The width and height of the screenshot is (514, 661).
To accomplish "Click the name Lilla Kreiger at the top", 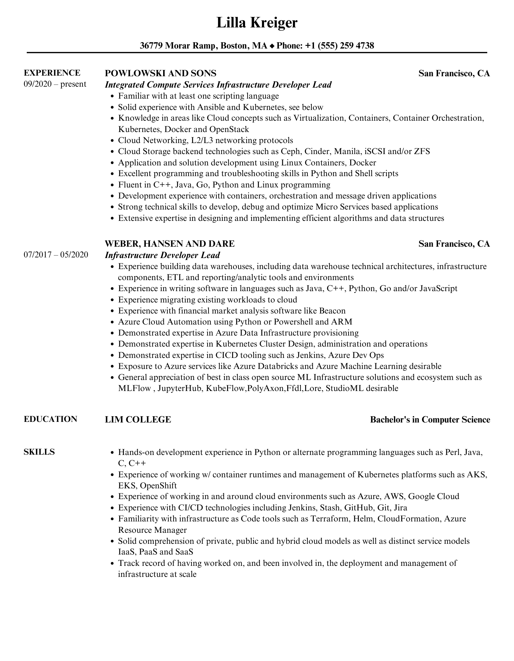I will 257,23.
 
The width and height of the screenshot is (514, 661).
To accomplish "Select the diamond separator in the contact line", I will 272,46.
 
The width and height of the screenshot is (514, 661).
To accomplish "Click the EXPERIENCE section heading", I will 52,73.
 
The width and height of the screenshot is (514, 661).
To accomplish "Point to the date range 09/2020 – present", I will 55,84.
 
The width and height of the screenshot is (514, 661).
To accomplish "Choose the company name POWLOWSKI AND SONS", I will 160,73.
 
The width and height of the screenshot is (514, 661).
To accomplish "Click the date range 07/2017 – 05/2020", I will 56,255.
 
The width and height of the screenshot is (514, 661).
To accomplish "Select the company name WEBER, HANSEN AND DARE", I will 169,244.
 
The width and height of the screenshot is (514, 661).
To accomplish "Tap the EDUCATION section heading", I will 50,419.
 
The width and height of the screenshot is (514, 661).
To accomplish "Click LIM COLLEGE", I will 138,419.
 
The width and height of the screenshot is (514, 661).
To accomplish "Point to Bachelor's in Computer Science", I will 430,419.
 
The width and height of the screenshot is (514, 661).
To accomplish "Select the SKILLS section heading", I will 39,452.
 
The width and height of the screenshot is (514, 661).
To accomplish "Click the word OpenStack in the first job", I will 229,129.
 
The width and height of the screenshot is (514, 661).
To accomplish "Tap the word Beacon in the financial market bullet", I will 332,311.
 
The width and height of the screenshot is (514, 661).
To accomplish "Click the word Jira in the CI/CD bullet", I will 400,508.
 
